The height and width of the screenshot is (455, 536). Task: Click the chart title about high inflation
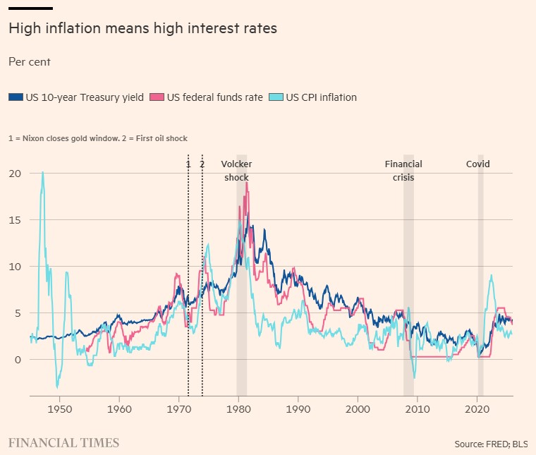point(142,29)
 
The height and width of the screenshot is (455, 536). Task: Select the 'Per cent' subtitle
point(29,62)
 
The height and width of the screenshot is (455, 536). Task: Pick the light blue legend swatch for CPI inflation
point(276,97)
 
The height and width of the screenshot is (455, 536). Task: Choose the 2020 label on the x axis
point(477,408)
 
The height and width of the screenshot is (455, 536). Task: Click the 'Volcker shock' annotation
point(236,171)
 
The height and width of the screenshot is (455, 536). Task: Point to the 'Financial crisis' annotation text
point(403,171)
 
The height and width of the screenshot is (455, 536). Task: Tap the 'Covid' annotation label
point(477,164)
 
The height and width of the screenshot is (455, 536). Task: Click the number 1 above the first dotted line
point(188,164)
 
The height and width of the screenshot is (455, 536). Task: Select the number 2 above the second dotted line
point(202,164)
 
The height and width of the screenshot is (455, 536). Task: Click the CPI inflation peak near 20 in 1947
point(42,173)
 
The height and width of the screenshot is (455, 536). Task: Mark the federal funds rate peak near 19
point(247,183)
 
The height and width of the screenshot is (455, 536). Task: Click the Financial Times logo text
point(63,443)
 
